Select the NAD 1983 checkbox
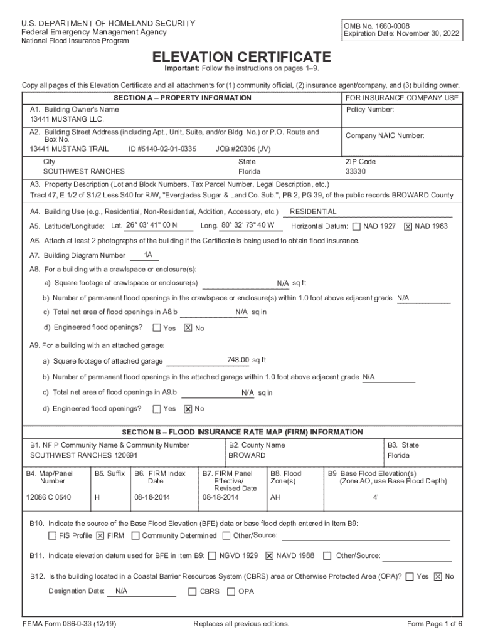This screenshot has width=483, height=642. point(408,226)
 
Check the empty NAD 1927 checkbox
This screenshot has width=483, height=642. point(356,226)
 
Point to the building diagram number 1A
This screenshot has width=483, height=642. point(148,255)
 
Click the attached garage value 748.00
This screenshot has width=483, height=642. point(238,360)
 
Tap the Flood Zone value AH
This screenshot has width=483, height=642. point(275,497)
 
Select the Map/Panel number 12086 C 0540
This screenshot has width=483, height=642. point(48,497)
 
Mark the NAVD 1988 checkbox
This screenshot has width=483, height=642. point(270,555)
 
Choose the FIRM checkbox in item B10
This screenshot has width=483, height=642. point(100,536)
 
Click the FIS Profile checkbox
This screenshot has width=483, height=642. point(53,536)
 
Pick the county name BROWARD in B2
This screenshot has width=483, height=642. point(247,455)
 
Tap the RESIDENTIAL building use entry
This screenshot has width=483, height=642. point(313,212)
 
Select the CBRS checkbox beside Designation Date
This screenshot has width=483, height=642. point(193,591)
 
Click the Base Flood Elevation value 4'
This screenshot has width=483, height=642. point(376,497)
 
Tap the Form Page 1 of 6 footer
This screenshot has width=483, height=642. point(435,624)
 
